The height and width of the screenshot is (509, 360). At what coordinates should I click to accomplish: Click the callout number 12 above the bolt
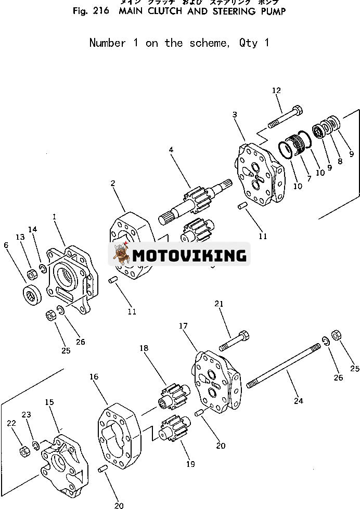pyautogui.click(x=276, y=90)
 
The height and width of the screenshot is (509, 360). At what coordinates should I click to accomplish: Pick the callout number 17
pyautogui.click(x=184, y=327)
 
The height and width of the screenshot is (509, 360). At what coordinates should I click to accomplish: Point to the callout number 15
pyautogui.click(x=49, y=402)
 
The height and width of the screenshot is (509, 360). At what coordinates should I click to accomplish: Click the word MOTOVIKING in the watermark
pyautogui.click(x=189, y=255)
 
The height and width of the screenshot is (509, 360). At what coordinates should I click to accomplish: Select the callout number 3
pyautogui.click(x=235, y=114)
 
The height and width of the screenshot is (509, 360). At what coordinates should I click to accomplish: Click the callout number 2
pyautogui.click(x=113, y=182)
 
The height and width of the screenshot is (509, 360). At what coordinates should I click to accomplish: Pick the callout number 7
pyautogui.click(x=310, y=178)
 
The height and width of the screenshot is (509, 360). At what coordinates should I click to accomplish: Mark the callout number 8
pyautogui.click(x=341, y=161)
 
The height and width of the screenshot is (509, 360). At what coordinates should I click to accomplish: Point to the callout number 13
pyautogui.click(x=20, y=237)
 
